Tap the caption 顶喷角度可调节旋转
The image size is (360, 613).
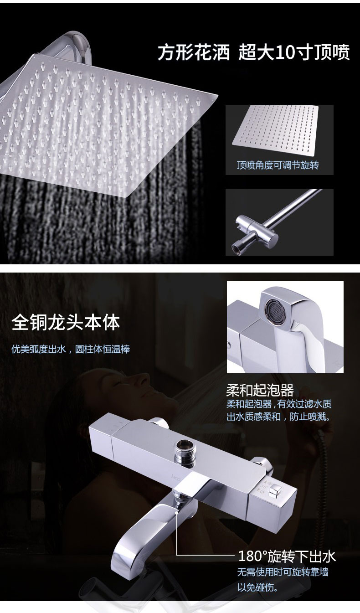278,165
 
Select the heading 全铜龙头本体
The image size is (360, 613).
66,323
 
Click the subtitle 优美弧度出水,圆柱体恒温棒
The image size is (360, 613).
71,349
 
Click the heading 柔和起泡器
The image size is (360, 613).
260,390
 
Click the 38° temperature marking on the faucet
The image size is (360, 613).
264,487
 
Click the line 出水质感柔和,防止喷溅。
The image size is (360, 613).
279,417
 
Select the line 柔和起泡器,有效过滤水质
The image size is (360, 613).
279,404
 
